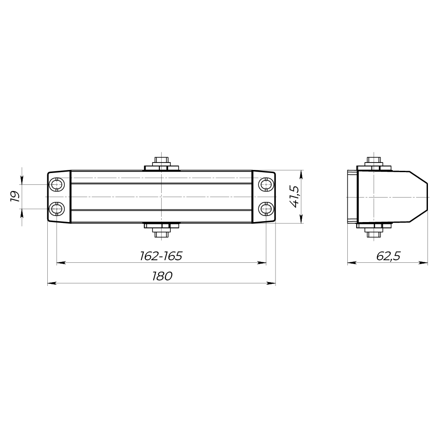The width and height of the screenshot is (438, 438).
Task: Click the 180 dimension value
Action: [x=162, y=276]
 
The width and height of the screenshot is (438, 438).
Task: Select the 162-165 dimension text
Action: [x=161, y=256]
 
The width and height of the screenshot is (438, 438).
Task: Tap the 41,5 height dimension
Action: [x=294, y=197]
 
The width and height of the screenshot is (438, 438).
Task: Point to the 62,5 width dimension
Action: [x=388, y=256]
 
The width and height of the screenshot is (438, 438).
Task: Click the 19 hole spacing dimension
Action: [x=15, y=197]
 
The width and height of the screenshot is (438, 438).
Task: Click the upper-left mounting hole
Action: [x=57, y=185]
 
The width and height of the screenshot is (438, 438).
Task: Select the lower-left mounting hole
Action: [x=57, y=208]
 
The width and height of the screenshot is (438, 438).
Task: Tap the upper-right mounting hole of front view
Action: [x=266, y=185]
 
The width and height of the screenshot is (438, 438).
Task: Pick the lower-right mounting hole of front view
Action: [x=266, y=208]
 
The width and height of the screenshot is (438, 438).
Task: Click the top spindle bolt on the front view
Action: [x=162, y=163]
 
